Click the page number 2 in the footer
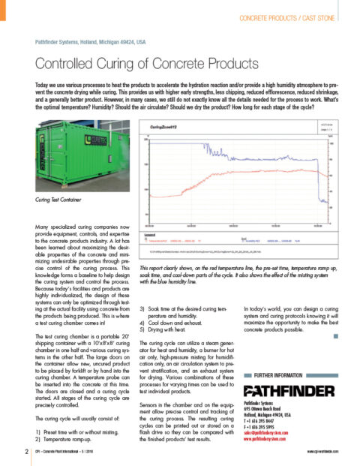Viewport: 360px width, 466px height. [x=27, y=451]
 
